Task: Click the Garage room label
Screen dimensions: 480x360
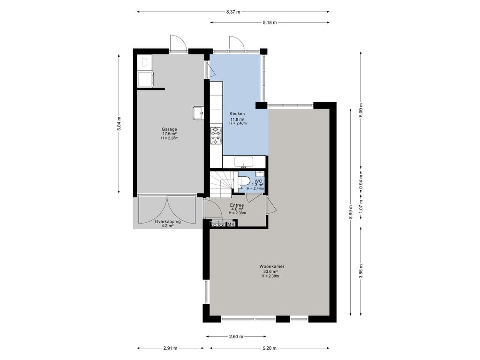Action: (x=169, y=129)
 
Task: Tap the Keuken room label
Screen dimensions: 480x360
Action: (x=237, y=114)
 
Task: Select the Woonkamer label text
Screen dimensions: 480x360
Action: (x=272, y=266)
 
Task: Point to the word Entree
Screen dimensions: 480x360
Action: (x=237, y=205)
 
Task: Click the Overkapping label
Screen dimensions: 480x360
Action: (x=167, y=222)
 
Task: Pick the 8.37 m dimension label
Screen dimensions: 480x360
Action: (x=233, y=12)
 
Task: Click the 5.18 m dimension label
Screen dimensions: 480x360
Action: (x=270, y=22)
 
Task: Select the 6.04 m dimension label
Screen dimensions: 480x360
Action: (x=119, y=124)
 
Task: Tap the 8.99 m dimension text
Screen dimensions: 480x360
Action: (x=351, y=212)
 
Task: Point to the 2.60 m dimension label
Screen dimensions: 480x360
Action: (x=236, y=337)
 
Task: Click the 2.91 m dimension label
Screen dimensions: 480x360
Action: (x=170, y=348)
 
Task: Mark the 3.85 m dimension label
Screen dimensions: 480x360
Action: (x=361, y=271)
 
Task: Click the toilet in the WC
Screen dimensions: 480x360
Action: (x=244, y=181)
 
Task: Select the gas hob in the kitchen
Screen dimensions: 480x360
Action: (x=216, y=135)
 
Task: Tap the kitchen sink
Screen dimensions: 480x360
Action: (x=244, y=162)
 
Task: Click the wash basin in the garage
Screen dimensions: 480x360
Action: (x=198, y=113)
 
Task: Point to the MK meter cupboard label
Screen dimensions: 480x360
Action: (x=231, y=225)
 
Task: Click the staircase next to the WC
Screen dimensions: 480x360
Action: (x=221, y=185)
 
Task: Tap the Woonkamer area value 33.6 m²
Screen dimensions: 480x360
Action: (x=270, y=271)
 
